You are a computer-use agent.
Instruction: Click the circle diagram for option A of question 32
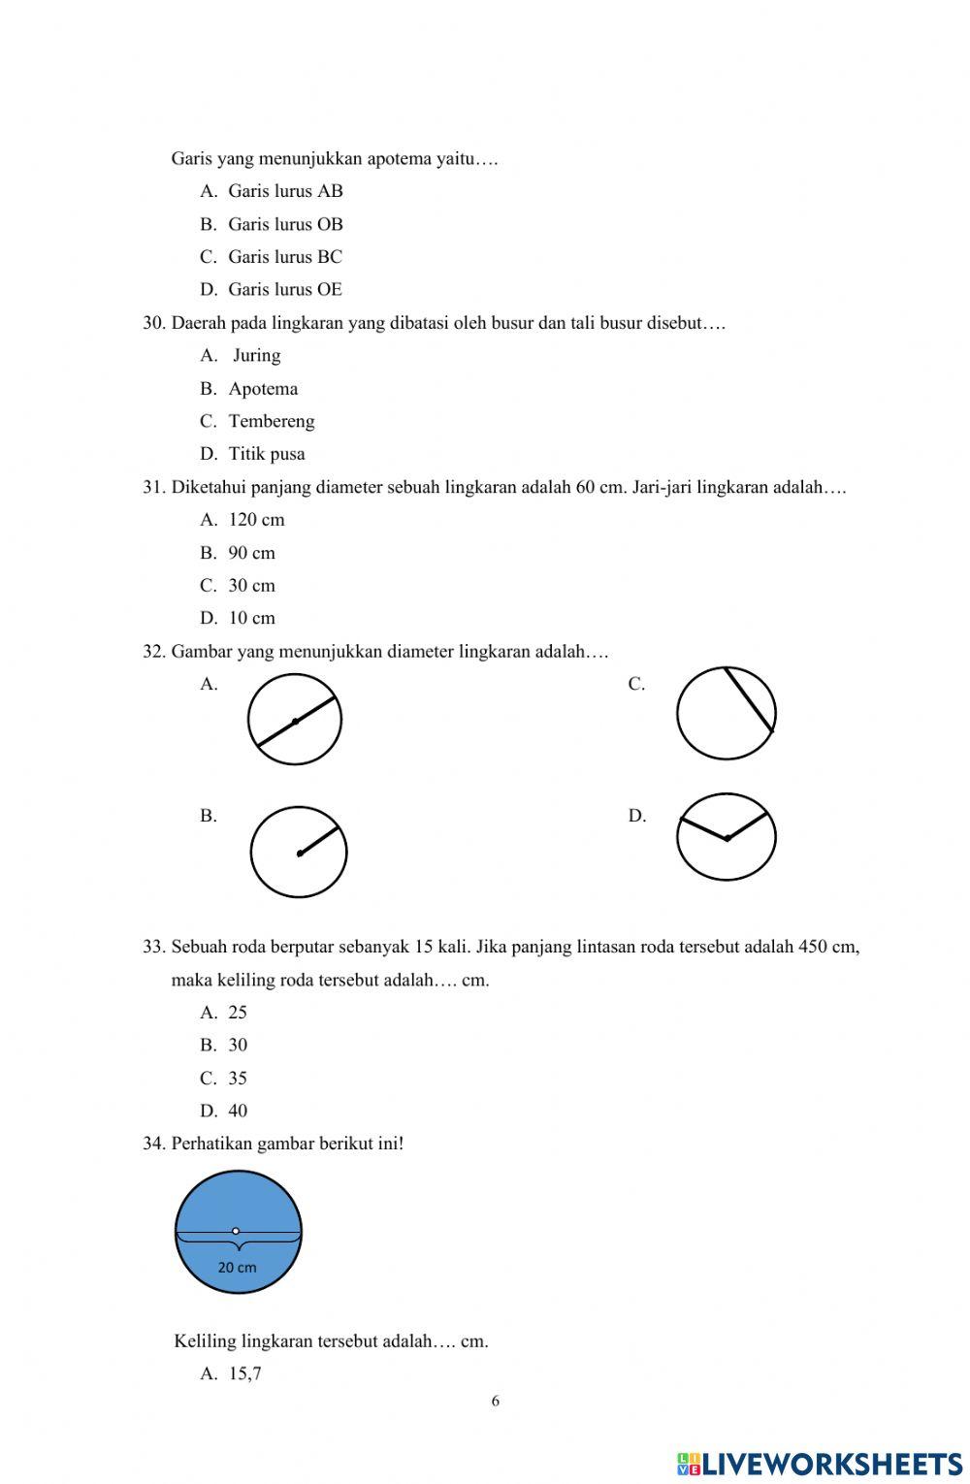point(295,720)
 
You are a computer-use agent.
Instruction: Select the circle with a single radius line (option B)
point(299,853)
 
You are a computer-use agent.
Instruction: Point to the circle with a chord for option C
point(727,714)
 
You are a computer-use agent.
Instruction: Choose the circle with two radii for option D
point(727,837)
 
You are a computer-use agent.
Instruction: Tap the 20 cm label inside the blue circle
point(237,1267)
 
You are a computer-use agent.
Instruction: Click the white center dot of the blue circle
point(236,1231)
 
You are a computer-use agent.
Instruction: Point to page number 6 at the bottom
point(496,1401)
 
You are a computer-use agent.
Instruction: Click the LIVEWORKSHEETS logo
point(820,1464)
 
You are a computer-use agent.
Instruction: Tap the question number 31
point(154,487)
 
